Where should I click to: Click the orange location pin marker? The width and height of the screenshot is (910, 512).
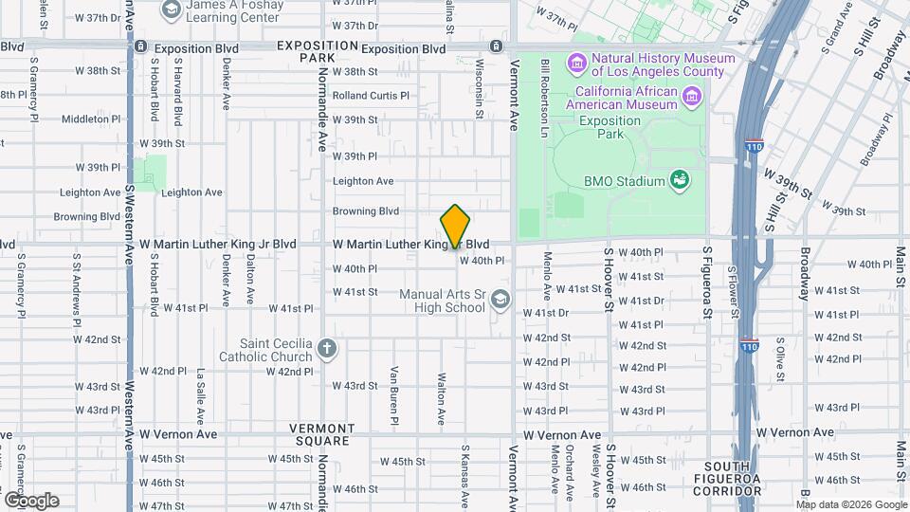[456, 226]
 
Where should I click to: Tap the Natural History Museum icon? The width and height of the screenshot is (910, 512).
[576, 64]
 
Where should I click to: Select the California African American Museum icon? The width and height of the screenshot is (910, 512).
[693, 96]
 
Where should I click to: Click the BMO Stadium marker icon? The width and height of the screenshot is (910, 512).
[679, 179]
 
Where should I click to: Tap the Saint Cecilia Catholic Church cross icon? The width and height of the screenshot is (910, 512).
[327, 349]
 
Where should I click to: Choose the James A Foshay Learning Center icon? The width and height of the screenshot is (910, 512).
[172, 10]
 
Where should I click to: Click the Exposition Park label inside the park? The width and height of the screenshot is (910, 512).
[610, 127]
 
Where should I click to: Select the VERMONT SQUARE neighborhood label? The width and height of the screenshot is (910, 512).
[328, 440]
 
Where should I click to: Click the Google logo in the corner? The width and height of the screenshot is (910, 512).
[31, 500]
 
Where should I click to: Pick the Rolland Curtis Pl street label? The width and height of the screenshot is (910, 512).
[371, 95]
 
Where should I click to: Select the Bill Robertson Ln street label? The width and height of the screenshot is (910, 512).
[545, 87]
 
